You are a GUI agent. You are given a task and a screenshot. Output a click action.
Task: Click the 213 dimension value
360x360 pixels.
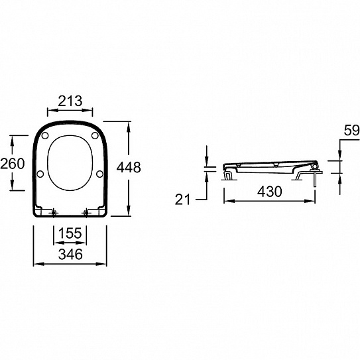[x=70, y=101]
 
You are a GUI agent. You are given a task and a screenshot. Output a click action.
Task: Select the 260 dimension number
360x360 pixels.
[x=13, y=164]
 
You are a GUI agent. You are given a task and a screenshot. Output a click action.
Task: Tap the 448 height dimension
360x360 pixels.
[x=129, y=167]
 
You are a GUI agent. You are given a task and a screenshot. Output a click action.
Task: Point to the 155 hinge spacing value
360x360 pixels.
[x=70, y=233]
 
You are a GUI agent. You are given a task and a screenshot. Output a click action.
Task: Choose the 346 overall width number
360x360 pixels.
[x=70, y=255]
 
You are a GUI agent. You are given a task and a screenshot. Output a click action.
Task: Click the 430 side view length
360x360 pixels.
[x=269, y=192]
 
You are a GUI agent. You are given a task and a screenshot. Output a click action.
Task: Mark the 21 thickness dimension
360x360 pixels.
[x=182, y=200]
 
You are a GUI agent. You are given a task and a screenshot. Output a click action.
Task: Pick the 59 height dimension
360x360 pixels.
[x=351, y=131]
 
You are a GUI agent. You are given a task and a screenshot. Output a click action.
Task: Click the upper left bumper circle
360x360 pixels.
[x=45, y=135]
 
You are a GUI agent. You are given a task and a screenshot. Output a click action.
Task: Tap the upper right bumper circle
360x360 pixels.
[x=95, y=135]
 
